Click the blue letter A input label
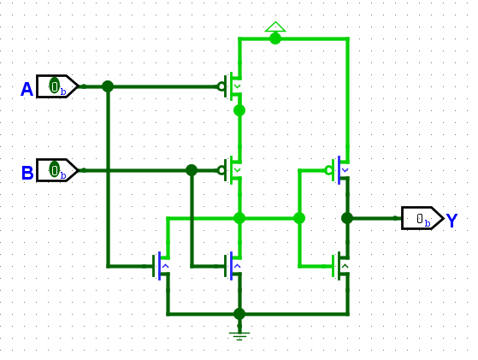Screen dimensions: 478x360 coord(27,89)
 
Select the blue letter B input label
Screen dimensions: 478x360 coord(27,173)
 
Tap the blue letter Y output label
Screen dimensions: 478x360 coord(451,221)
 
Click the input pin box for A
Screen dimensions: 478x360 coord(57,86)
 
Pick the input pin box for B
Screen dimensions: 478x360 coord(57,170)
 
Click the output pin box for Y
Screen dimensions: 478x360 coord(422,218)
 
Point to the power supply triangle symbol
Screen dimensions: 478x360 coord(275,27)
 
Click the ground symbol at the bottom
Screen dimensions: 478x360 coord(239,336)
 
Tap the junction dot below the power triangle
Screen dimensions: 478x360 coord(275,38)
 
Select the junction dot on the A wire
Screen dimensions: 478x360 coord(108,86)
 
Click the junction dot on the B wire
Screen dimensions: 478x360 coord(192,170)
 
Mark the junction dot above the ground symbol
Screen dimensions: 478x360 coord(239,314)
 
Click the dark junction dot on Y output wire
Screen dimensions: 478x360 coord(347,218)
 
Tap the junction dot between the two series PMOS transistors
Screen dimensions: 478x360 coord(239,110)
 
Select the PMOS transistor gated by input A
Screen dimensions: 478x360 coord(230,86)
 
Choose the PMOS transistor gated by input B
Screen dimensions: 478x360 coord(230,170)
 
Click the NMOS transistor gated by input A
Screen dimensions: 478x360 coord(161,266)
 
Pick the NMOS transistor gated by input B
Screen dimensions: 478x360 coord(233,266)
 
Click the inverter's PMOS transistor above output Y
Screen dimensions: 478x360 coord(338,170)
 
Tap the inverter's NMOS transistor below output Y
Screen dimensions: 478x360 coord(340,266)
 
